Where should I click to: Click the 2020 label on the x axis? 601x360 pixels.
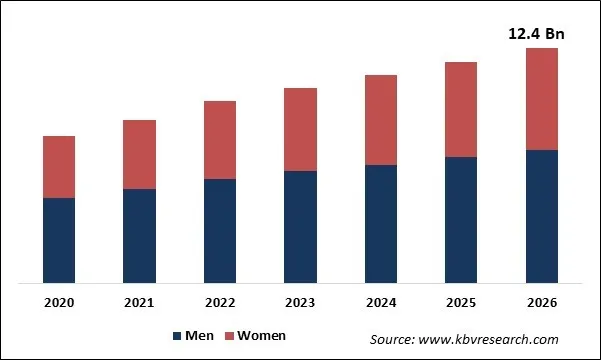click(59, 302)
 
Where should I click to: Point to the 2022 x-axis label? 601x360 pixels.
click(220, 302)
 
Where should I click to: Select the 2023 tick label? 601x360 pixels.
click(300, 302)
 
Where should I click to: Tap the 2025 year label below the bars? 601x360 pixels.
click(461, 302)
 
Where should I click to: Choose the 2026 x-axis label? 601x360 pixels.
click(541, 302)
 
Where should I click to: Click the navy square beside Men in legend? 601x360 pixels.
click(178, 336)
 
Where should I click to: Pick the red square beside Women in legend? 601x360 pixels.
click(227, 336)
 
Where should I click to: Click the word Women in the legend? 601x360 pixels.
click(261, 336)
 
